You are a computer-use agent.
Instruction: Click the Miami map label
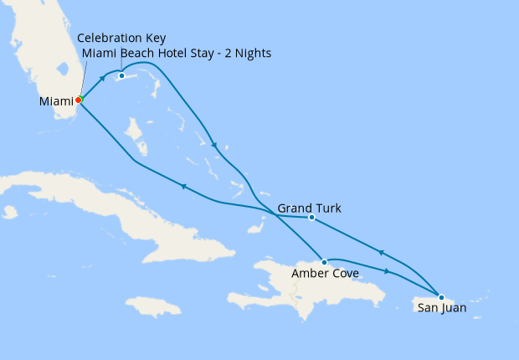tap(55, 101)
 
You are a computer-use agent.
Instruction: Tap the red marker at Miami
tap(78, 100)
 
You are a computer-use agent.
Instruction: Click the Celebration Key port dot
tap(121, 76)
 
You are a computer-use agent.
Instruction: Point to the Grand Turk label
tap(309, 208)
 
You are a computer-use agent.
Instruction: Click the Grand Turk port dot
tap(311, 218)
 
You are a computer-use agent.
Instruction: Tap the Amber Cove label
tap(325, 274)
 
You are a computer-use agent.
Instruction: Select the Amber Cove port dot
tap(324, 262)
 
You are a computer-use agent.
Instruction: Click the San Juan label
tap(441, 308)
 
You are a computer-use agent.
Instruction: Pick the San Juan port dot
tap(440, 296)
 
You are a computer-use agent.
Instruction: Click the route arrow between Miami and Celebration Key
tap(102, 80)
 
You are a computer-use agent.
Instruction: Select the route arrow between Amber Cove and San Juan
tap(387, 271)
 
